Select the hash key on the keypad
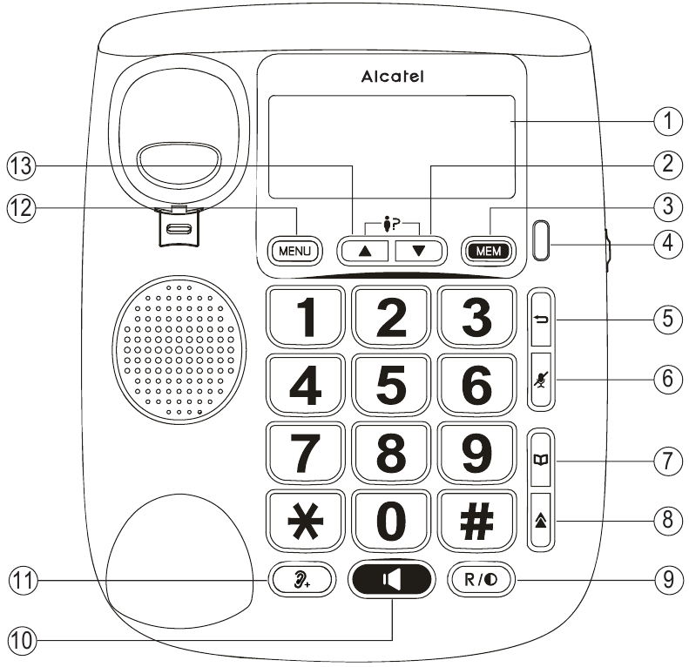click(476, 520)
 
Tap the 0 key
click(391, 520)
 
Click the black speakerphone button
click(391, 578)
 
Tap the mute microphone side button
click(541, 381)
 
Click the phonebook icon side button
click(541, 459)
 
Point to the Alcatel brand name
click(393, 77)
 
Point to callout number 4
click(667, 243)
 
